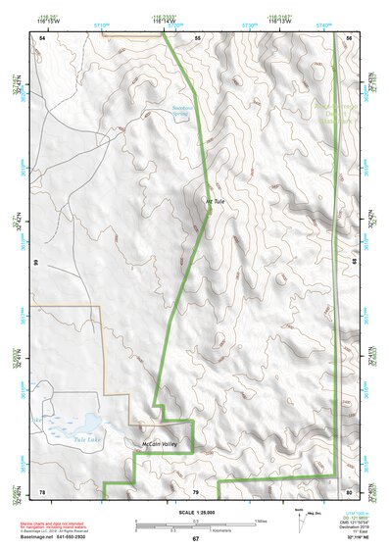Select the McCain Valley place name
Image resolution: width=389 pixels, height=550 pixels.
pyautogui.click(x=156, y=445)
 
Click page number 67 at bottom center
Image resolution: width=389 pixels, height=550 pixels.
pyautogui.click(x=195, y=539)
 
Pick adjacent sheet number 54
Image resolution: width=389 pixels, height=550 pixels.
pyautogui.click(x=42, y=37)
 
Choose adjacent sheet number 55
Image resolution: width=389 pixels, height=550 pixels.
pyautogui.click(x=196, y=37)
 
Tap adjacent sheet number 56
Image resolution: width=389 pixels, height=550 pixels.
pyautogui.click(x=350, y=37)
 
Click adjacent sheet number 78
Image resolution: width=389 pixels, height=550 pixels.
pyautogui.click(x=42, y=490)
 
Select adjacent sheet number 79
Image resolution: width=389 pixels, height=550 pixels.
pyautogui.click(x=195, y=490)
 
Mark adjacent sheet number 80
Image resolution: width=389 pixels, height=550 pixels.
pyautogui.click(x=350, y=490)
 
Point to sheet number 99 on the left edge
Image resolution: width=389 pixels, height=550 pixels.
pyautogui.click(x=36, y=264)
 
